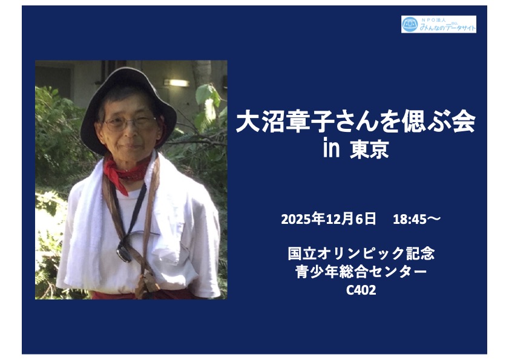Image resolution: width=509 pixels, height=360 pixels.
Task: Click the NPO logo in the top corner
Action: [x=439, y=24]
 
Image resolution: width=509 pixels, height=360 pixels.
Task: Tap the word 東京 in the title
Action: [x=369, y=149]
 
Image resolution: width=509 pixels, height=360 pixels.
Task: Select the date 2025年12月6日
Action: [x=328, y=219]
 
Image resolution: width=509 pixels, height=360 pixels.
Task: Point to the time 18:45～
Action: [x=416, y=220]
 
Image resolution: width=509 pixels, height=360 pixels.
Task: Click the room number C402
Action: [x=361, y=290]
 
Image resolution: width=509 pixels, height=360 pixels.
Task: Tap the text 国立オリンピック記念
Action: [x=361, y=254]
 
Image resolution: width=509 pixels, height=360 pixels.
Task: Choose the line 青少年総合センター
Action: [x=361, y=272]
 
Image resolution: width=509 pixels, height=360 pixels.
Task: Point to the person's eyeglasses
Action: [x=130, y=123]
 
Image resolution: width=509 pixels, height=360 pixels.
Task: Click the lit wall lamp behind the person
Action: [x=176, y=83]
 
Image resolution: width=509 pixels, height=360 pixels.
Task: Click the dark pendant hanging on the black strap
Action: [x=124, y=253]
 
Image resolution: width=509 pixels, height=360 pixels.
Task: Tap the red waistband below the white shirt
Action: [x=143, y=295]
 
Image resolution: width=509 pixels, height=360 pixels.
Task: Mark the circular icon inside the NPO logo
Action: [x=410, y=24]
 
